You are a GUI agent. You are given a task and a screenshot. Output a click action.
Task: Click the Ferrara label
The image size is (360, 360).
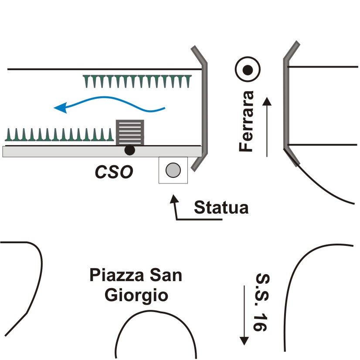coord(247,121)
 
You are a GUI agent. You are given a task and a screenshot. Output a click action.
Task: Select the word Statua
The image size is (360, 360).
coord(221,207)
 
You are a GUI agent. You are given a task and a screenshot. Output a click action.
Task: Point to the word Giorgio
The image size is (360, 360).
coord(136,295)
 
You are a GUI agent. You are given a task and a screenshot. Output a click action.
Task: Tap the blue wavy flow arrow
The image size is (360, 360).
coord(109,105)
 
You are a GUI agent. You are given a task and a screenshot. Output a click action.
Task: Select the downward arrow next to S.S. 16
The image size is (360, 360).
coord(245,314)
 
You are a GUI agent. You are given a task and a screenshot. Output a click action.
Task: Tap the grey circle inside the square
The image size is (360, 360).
coord(173,170)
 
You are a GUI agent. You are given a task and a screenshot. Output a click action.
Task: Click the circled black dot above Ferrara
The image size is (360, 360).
coord(248,70)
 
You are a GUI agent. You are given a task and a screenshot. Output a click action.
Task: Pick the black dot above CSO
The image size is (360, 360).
coord(129,150)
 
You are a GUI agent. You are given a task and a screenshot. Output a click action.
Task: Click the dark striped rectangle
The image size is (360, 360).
coord(129,132)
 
